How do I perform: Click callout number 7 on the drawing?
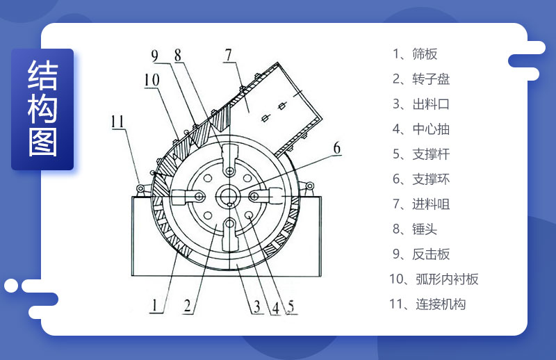pos(229,56)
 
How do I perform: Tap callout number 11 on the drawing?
pos(117,122)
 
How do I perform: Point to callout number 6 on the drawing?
pos(337,148)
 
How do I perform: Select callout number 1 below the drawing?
pos(154,305)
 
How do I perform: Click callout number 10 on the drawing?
pos(152,80)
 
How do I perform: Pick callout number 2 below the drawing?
pos(187,306)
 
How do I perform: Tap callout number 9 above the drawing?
pos(154,56)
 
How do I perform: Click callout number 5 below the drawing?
pos(291,306)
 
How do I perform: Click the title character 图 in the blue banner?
pos(42,142)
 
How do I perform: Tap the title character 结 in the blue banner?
pos(42,74)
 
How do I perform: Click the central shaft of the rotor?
pos(229,196)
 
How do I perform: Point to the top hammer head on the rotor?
pos(230,159)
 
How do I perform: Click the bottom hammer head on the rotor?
pos(230,234)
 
